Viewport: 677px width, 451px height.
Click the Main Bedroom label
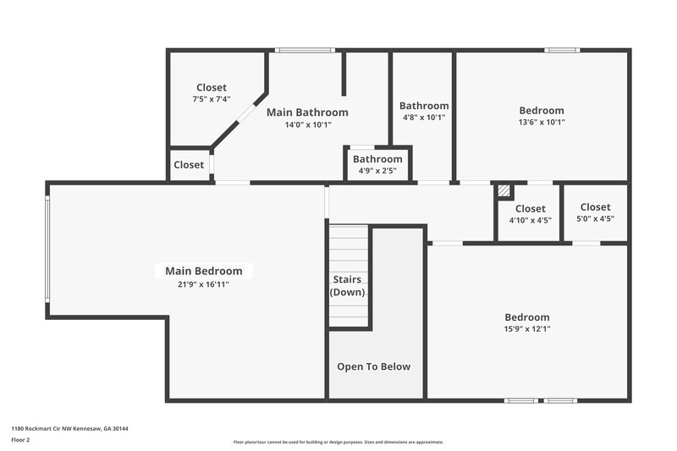[x=203, y=271]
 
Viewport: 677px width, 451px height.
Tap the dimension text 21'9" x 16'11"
[x=203, y=284]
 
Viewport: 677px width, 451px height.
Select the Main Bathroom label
[x=307, y=112]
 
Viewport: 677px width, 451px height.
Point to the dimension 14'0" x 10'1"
[x=307, y=124]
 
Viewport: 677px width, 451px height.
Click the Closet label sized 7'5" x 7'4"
[x=212, y=87]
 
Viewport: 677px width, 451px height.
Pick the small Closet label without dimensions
[x=189, y=165]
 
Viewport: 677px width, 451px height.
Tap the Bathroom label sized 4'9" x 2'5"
[x=377, y=159]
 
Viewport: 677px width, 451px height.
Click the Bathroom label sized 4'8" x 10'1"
[x=423, y=106]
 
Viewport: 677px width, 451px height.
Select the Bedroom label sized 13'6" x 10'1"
[x=541, y=110]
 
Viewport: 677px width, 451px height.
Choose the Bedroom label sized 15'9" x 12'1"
[x=527, y=316]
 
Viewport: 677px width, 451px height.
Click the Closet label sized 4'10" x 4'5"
[x=530, y=208]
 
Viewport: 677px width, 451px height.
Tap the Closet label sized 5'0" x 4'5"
[x=595, y=206]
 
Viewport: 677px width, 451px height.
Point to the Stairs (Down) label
[x=347, y=285]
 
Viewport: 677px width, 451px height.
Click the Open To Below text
[x=373, y=366]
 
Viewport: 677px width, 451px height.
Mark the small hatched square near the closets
[x=504, y=191]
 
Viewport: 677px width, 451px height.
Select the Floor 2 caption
[x=21, y=440]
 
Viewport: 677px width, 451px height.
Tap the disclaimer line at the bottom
[x=338, y=442]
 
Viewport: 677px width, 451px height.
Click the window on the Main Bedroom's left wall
[x=47, y=250]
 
